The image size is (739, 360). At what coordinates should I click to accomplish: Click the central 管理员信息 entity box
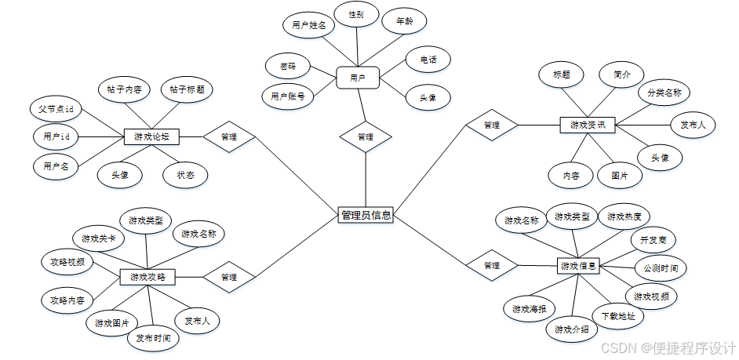(x=366, y=215)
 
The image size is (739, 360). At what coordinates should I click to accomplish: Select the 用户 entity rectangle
(x=358, y=78)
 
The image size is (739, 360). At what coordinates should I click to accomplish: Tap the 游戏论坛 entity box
(x=152, y=137)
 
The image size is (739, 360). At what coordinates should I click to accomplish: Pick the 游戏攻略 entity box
(x=147, y=277)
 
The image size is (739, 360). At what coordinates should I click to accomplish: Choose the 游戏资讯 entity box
(x=588, y=125)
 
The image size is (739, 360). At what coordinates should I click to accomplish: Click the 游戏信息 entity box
(x=579, y=267)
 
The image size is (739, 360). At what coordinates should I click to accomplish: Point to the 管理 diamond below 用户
(x=365, y=136)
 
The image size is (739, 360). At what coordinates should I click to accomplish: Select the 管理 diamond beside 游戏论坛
(x=230, y=137)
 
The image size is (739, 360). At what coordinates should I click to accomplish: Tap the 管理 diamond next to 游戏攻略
(x=229, y=277)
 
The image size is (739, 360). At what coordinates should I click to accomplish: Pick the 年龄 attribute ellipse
(x=405, y=21)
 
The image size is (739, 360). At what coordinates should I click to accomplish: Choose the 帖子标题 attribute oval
(x=187, y=89)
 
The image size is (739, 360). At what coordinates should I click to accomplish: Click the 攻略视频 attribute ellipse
(x=67, y=262)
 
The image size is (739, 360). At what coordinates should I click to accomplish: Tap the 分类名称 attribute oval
(x=664, y=93)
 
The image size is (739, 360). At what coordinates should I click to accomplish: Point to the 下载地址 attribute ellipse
(x=618, y=316)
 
